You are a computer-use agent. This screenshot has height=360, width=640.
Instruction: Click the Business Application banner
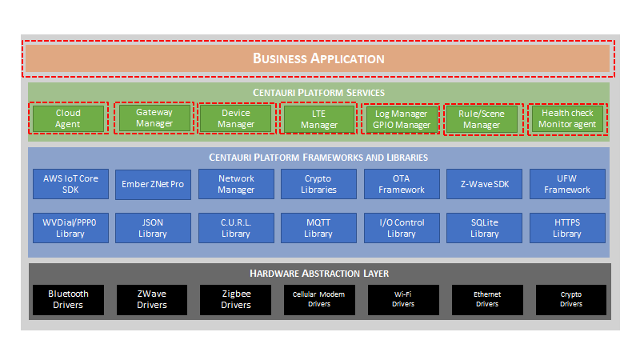(318, 58)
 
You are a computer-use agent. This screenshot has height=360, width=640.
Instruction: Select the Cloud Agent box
(68, 118)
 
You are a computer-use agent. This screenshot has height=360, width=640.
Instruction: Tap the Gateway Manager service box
(154, 118)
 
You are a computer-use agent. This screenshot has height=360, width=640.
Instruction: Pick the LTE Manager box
(318, 118)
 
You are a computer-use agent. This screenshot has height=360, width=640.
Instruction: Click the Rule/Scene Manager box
(482, 118)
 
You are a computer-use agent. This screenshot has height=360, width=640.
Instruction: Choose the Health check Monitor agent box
(567, 118)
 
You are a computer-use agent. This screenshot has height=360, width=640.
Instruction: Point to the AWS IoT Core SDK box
(71, 184)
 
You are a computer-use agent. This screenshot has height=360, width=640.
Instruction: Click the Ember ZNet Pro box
(154, 184)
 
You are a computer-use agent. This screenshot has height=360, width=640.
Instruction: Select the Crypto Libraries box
(318, 184)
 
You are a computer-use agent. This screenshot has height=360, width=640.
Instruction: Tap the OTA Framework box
(402, 184)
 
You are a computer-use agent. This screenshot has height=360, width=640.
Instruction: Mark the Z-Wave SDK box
(485, 184)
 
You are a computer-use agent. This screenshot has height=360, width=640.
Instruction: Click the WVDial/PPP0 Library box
(71, 228)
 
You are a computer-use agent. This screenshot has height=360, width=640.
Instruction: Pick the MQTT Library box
(318, 228)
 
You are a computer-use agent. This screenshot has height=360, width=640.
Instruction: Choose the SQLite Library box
(485, 228)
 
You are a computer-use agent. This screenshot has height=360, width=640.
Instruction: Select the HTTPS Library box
(566, 228)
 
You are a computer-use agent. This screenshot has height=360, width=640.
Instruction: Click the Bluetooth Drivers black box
(68, 299)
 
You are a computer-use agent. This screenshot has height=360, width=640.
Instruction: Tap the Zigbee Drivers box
(236, 299)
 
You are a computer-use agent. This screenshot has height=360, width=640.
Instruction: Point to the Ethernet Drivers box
(486, 299)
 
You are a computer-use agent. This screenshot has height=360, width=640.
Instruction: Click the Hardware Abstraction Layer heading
(319, 274)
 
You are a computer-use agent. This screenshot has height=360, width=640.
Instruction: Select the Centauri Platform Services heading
(319, 93)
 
